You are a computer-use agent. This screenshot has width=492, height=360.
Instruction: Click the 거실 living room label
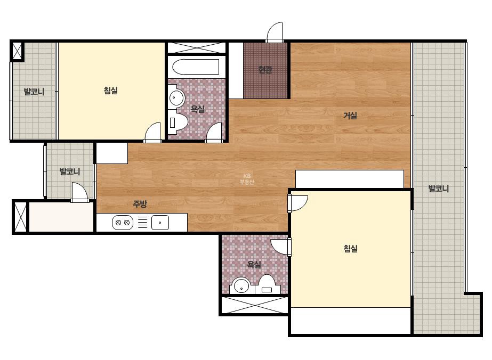tap(350, 116)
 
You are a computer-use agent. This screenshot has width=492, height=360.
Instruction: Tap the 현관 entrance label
tap(265, 69)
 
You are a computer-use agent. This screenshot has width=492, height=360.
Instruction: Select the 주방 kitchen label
tap(140, 204)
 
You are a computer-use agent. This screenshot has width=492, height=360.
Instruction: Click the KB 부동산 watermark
tap(247, 179)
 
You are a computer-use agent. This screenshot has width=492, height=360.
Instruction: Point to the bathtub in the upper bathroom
tap(196, 67)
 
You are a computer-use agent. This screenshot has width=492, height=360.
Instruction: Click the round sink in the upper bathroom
tap(176, 97)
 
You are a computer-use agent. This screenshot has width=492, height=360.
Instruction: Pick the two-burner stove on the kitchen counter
tap(123, 223)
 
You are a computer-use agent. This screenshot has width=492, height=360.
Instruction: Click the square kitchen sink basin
tap(160, 223)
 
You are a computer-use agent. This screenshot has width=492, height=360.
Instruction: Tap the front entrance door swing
tap(275, 31)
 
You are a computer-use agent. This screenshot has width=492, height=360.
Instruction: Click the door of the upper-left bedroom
tap(152, 133)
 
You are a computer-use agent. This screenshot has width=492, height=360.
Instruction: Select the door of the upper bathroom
tap(214, 133)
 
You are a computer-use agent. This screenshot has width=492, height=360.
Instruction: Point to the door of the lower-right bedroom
tap(298, 203)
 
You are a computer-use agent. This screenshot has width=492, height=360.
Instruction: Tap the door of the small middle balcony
tap(79, 193)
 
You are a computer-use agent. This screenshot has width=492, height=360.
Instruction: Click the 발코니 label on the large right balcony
tap(439, 189)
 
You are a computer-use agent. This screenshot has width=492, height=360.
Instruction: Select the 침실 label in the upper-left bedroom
tap(110, 91)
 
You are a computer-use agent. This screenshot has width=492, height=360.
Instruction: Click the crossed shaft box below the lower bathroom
tap(254, 305)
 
